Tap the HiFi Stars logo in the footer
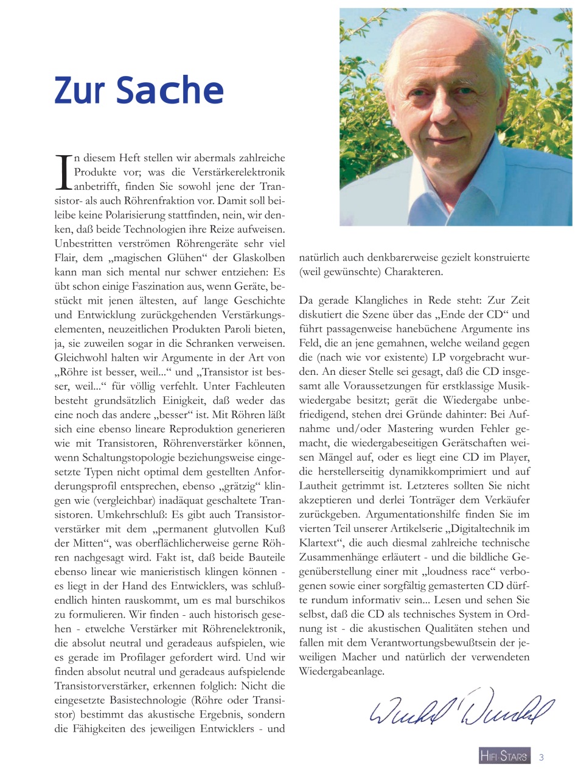point(504,756)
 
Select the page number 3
point(541,757)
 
